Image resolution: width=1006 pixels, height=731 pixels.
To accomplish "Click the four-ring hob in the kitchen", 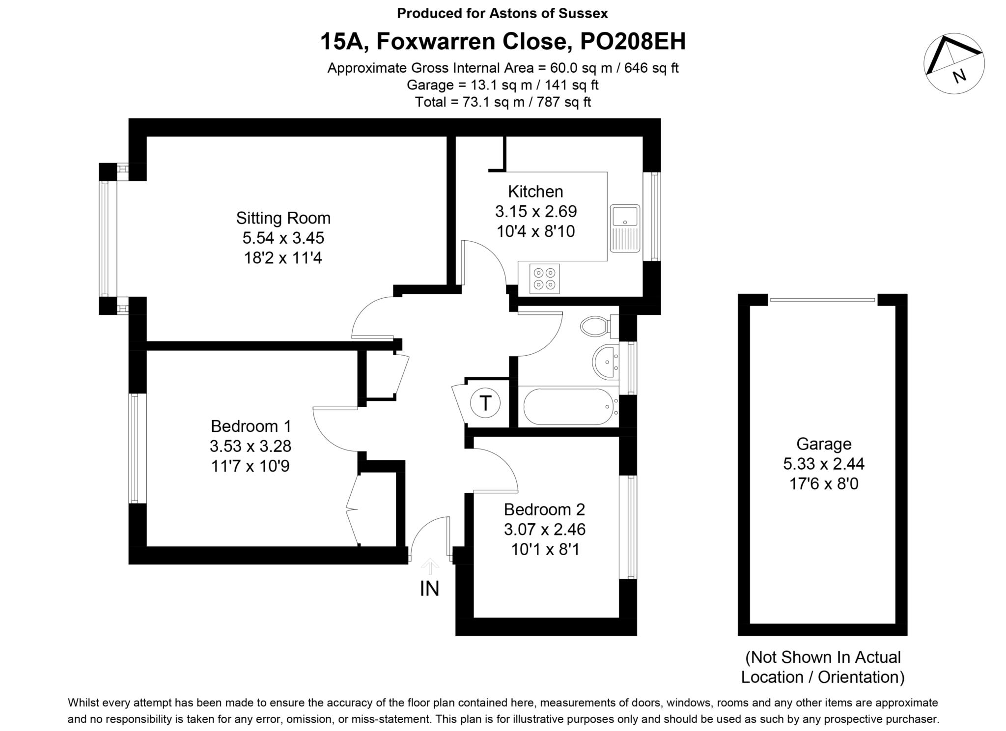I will [545, 279].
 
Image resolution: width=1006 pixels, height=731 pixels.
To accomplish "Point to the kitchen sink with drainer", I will [625, 228].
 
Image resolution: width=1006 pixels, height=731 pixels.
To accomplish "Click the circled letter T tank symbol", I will [485, 403].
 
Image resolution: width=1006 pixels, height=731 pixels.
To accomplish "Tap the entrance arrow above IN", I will [430, 566].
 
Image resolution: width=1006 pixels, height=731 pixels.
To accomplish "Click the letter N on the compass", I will [959, 75].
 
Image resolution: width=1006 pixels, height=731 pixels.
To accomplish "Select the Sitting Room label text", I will [283, 218].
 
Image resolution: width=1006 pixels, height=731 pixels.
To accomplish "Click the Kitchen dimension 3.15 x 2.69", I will [535, 212].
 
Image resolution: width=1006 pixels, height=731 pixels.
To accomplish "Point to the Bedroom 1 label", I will [251, 426].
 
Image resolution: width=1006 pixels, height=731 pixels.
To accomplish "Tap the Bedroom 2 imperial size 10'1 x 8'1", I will [545, 549].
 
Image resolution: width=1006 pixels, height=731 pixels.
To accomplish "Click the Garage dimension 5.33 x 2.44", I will [823, 464].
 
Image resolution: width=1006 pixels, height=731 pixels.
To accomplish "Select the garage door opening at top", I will [822, 300].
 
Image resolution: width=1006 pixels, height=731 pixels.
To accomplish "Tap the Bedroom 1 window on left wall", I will [138, 448].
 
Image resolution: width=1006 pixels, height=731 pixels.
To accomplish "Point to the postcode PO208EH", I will [633, 42].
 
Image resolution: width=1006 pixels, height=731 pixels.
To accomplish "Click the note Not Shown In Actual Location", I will [823, 667].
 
